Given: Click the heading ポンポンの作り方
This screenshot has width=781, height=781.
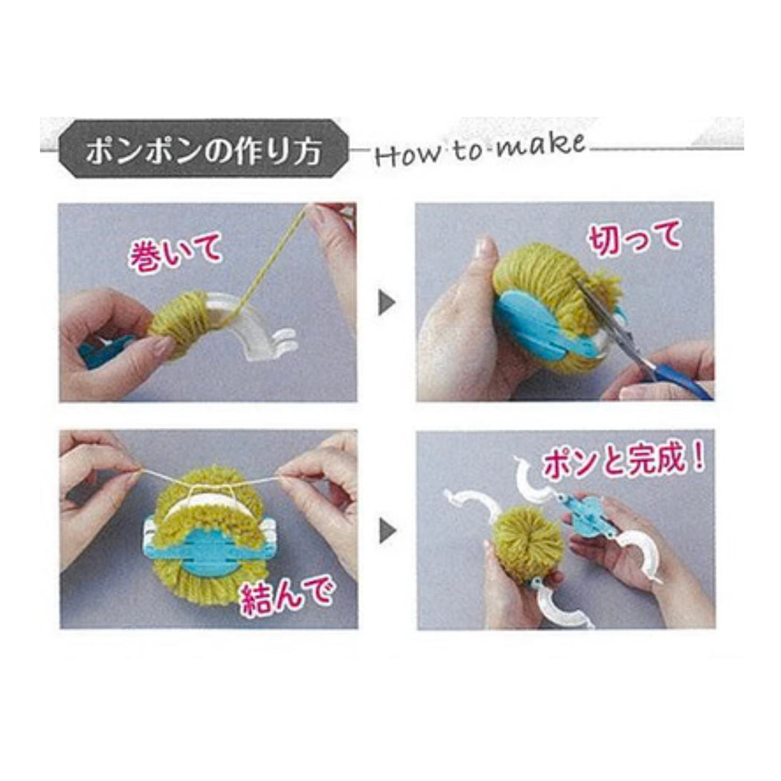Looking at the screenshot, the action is [203, 151].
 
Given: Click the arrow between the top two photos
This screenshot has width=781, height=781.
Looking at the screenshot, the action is [387, 303].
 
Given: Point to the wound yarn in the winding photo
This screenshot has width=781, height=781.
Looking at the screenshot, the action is [180, 321].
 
